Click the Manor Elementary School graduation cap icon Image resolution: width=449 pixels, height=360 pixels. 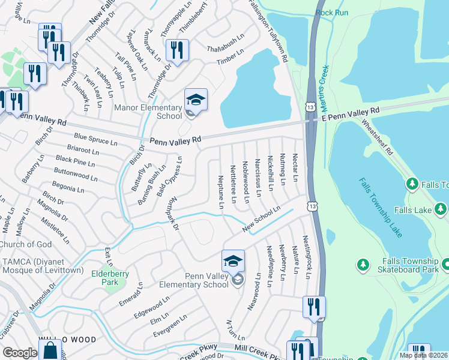pyautogui.click(x=196, y=99)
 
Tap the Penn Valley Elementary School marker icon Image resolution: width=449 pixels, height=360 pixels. pyautogui.click(x=233, y=261)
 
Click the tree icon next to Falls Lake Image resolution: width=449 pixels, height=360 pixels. pyautogui.click(x=441, y=208)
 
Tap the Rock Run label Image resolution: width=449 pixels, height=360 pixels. pyautogui.click(x=332, y=12)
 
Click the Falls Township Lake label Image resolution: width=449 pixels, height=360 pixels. pyautogui.click(x=381, y=207)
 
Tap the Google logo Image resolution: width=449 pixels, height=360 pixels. pyautogui.click(x=20, y=353)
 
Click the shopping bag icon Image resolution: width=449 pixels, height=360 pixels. pyautogui.click(x=51, y=350)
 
